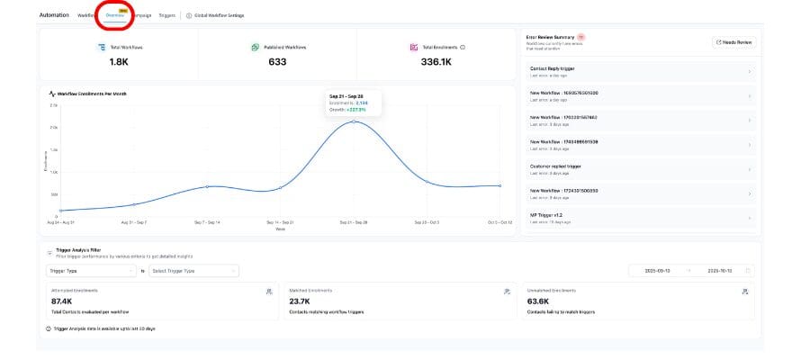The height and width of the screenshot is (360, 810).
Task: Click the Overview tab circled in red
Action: click(115, 15)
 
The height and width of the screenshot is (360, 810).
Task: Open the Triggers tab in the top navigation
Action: click(166, 15)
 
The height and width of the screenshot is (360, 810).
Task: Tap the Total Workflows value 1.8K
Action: click(118, 62)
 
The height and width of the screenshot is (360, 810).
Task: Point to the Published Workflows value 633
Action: click(276, 62)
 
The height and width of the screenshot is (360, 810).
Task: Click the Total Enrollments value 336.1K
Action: click(436, 62)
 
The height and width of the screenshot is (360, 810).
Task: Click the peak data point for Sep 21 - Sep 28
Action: click(354, 121)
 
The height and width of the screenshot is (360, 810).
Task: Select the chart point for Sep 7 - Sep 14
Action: click(207, 186)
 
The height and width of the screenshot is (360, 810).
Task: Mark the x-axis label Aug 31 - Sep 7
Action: click(134, 221)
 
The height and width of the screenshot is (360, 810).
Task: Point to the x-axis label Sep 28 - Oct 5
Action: click(427, 221)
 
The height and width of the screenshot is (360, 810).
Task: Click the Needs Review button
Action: click(734, 42)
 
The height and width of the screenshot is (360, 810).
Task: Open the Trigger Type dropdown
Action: click(91, 270)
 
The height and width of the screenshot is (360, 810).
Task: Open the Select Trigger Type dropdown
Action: click(193, 270)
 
